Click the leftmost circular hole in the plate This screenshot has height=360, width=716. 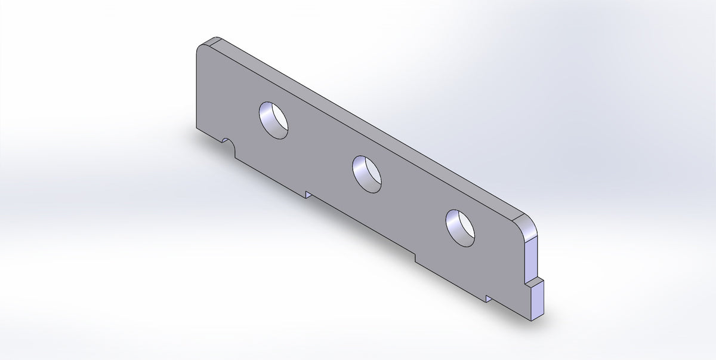[273, 120]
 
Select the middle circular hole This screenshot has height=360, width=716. [367, 174]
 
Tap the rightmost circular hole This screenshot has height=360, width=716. [460, 227]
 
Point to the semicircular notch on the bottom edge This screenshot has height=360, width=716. [227, 142]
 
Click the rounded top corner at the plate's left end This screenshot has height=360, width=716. [203, 47]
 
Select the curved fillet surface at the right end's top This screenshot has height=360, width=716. [529, 227]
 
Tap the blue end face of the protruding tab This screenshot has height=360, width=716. [538, 299]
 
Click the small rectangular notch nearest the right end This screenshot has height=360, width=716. [489, 297]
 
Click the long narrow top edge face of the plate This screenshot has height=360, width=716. [370, 126]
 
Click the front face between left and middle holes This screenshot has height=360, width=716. [319, 149]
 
